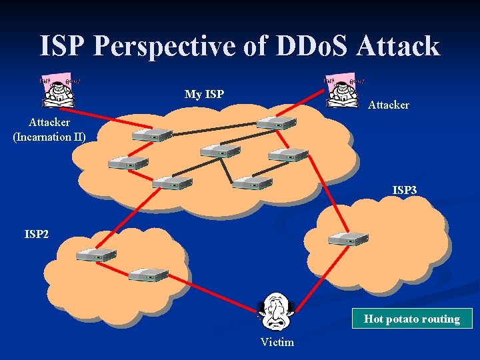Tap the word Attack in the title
point(398,46)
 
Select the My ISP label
point(204,94)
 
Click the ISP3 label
point(405,191)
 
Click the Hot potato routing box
point(412,319)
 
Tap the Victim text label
point(277,342)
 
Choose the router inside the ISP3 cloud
point(348,239)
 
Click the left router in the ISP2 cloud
point(96,254)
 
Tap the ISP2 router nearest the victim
point(147,274)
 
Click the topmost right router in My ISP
point(276,123)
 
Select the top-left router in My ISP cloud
point(152,135)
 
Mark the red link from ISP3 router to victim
point(313,276)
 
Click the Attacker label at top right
point(389,105)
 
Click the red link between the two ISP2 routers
point(122,264)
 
